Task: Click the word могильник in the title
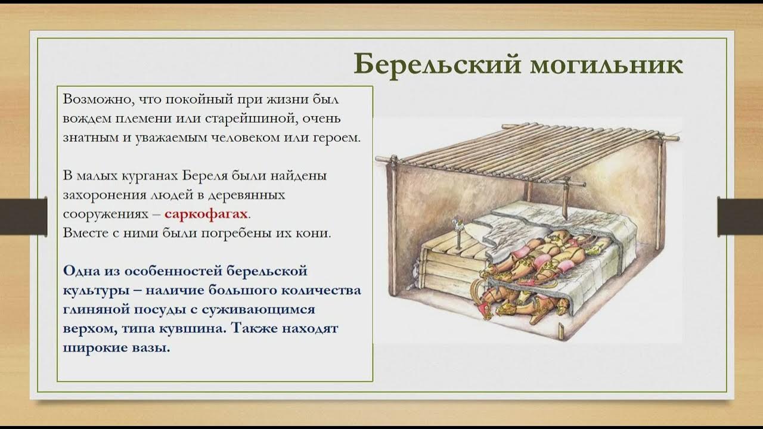(x=604, y=64)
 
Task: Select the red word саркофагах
(x=206, y=214)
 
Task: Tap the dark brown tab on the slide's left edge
(x=23, y=216)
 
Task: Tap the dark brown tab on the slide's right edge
(x=740, y=216)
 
